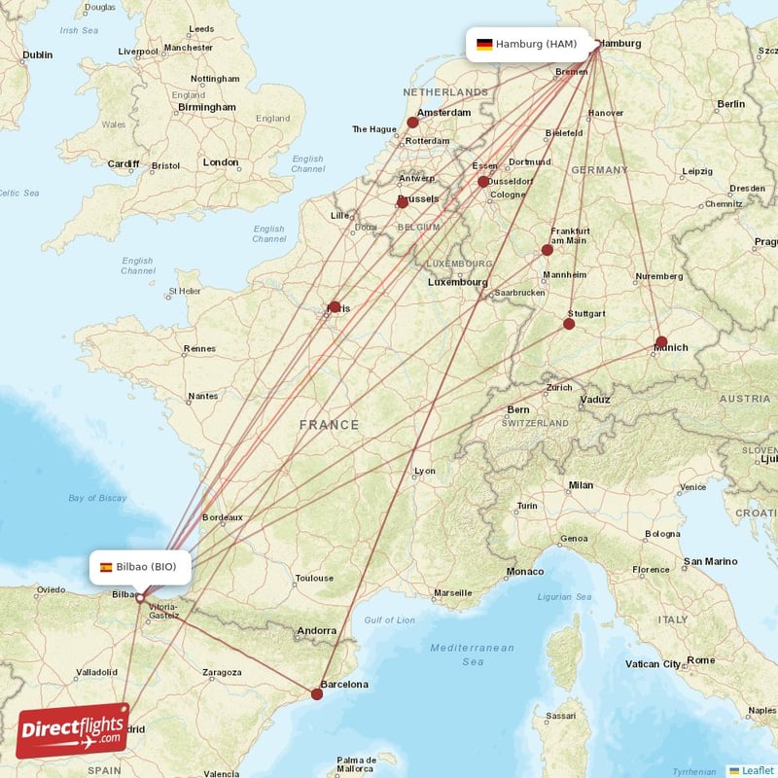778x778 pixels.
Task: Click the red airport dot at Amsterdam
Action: point(412,123)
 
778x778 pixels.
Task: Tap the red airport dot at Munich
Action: point(661,342)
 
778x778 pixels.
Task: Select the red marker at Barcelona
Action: point(317,693)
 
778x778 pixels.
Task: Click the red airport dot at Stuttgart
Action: point(569,324)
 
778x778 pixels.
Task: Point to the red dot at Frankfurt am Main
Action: point(548,250)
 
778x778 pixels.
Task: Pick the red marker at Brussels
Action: point(403,202)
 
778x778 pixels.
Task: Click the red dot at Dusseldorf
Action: point(483,182)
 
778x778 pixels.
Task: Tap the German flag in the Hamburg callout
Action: point(483,44)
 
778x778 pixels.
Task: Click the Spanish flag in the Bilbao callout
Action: point(105,567)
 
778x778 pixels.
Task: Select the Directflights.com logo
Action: point(73,730)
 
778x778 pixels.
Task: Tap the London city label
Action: point(221,162)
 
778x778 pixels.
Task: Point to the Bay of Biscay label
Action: point(97,498)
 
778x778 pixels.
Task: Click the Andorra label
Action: point(317,630)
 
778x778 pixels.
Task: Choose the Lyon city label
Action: point(425,471)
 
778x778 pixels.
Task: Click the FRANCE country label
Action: point(329,425)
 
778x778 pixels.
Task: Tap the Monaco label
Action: point(525,571)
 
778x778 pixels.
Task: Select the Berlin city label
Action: point(730,103)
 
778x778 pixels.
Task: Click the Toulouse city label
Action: point(314,578)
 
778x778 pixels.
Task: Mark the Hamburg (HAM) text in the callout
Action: point(536,44)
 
